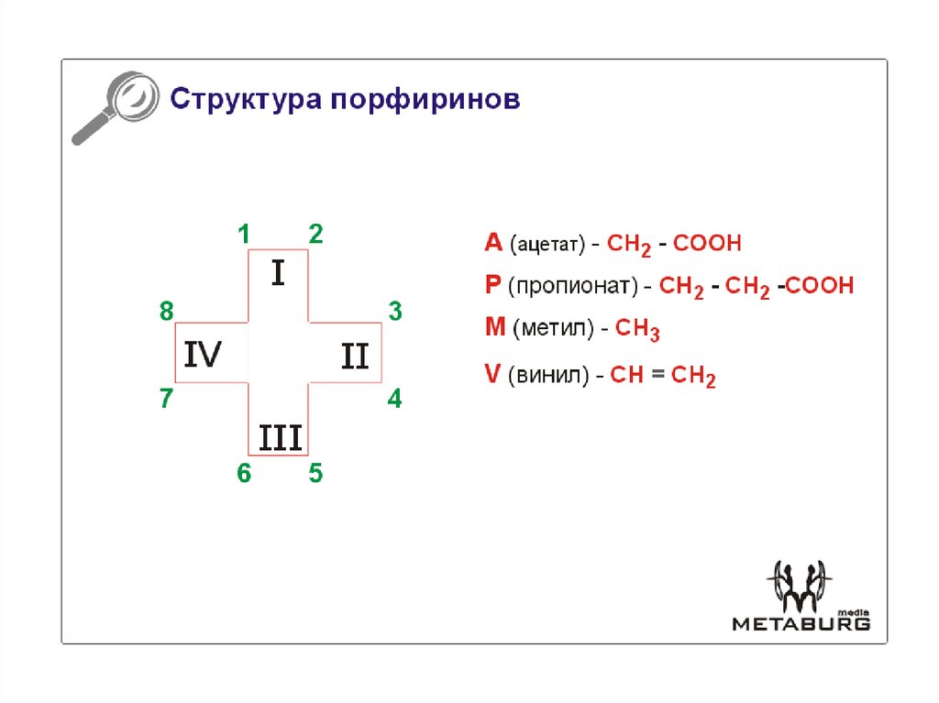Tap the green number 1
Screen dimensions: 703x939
[244, 235]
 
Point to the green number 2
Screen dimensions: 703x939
[315, 235]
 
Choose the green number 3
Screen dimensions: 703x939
[395, 312]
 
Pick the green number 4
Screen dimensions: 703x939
[394, 400]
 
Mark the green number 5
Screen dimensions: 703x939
[315, 474]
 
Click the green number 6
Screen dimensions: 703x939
[244, 474]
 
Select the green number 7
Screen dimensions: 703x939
[166, 400]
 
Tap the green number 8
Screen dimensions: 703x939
[166, 312]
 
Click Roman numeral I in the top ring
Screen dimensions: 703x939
[279, 273]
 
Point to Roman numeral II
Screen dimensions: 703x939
[355, 356]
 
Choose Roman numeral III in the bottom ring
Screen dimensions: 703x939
[280, 438]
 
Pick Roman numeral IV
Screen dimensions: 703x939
[203, 355]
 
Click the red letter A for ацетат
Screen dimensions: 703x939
[493, 243]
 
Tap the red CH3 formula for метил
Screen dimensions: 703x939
[637, 329]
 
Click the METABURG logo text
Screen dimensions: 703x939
[800, 624]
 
